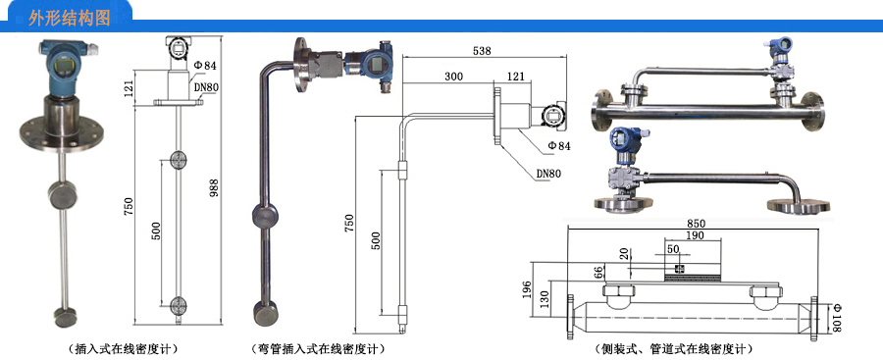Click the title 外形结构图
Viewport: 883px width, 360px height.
(x=70, y=19)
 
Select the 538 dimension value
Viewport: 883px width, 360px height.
(x=482, y=51)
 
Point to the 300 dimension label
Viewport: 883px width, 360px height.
(x=454, y=77)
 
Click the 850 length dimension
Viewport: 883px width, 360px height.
(x=694, y=224)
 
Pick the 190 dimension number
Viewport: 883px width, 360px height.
(x=695, y=235)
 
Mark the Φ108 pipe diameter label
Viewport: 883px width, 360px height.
(x=836, y=317)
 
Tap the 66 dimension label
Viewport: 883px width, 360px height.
(x=599, y=274)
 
